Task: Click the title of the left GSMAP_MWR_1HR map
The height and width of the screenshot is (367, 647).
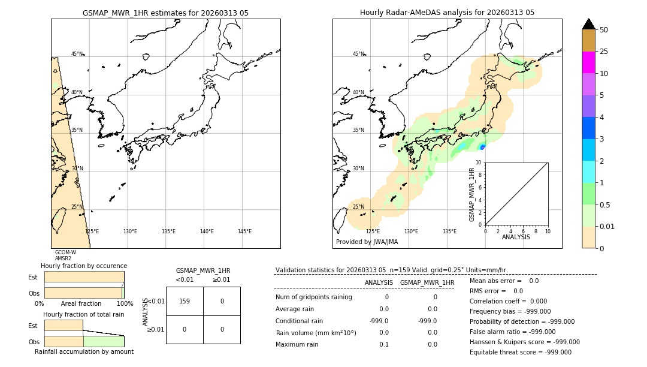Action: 165,13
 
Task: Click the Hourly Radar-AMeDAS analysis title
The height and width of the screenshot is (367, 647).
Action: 447,13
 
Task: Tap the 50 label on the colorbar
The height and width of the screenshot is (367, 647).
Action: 604,30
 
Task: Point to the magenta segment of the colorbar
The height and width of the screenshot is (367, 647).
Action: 588,62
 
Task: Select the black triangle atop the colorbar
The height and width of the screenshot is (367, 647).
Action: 588,24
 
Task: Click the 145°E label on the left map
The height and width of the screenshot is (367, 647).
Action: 244,231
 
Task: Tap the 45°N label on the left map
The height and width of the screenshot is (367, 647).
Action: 77,54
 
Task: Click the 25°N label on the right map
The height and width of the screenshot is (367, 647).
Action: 358,207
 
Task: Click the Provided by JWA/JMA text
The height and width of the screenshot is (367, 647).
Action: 367,242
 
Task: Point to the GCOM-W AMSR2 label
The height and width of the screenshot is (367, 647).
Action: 65,255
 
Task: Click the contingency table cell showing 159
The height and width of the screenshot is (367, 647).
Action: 185,301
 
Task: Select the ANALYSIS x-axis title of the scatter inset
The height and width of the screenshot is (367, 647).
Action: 516,237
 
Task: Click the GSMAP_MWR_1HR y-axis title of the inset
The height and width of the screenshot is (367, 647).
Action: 472,194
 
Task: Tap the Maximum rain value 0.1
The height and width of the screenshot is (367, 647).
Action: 383,344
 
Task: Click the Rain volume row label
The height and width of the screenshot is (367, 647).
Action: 316,332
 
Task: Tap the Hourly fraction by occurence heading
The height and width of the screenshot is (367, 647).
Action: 84,266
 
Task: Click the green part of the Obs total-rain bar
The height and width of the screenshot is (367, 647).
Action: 103,341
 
